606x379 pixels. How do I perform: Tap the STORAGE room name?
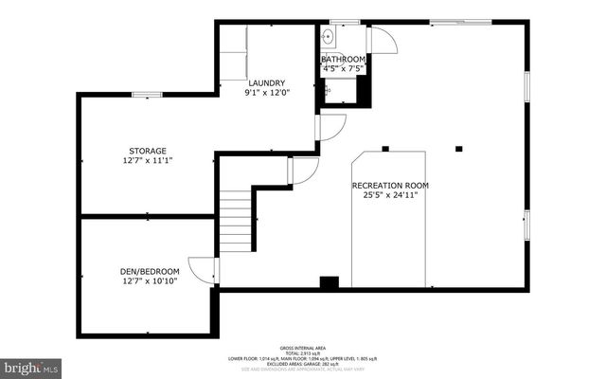pyautogui.click(x=148, y=151)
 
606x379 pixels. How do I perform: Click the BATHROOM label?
pyautogui.click(x=343, y=59)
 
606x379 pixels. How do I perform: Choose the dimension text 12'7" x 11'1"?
pyautogui.click(x=148, y=160)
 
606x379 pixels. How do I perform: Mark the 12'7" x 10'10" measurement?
pyautogui.click(x=149, y=280)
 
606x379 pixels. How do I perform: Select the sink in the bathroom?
pyautogui.click(x=328, y=37)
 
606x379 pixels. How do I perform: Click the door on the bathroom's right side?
pyautogui.click(x=381, y=40)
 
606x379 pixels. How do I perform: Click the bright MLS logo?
pyautogui.click(x=31, y=365)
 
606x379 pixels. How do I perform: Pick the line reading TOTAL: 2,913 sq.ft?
pyautogui.click(x=302, y=353)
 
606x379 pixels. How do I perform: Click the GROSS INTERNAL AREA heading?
pyautogui.click(x=302, y=348)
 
